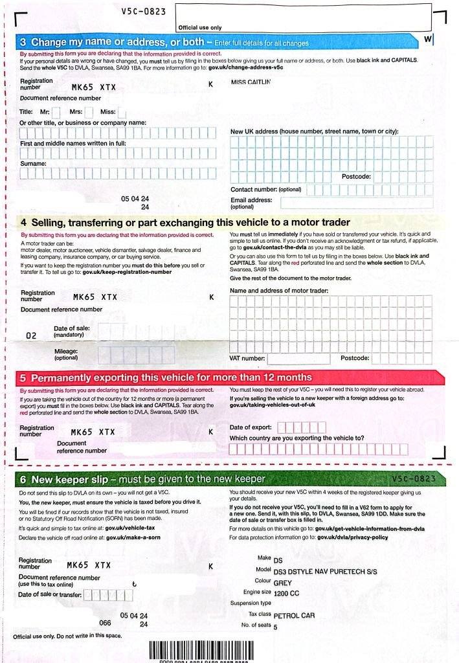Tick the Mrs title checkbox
click(x=89, y=111)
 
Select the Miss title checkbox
click(x=121, y=111)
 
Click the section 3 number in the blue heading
click(x=24, y=43)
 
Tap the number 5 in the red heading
click(x=23, y=377)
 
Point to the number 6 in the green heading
click(x=23, y=479)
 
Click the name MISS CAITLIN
click(x=251, y=82)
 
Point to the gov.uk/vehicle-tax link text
click(x=137, y=528)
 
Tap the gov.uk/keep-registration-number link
click(x=127, y=272)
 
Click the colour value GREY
click(x=283, y=582)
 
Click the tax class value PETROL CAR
click(x=294, y=615)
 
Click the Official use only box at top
click(x=302, y=16)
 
